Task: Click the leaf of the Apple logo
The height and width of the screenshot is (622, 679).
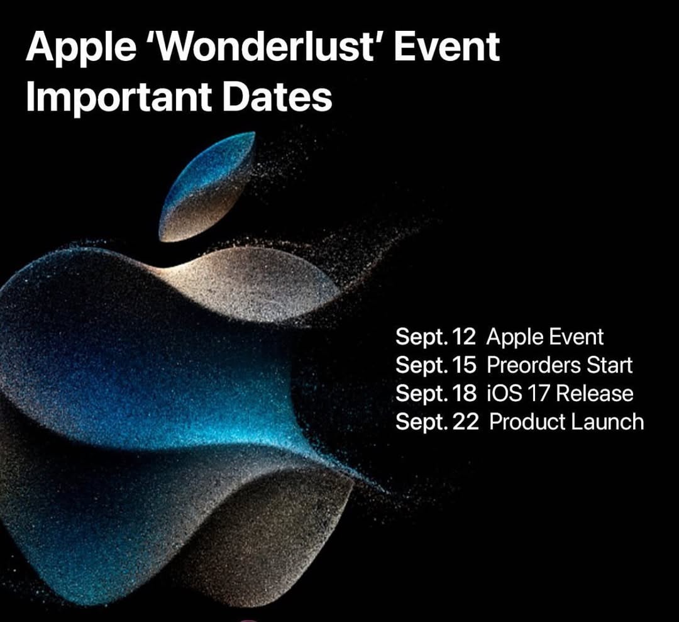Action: pos(207,186)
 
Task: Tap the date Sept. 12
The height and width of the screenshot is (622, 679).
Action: pos(436,338)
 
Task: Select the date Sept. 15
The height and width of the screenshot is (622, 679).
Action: pos(436,366)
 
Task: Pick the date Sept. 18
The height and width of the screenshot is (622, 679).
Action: pos(436,394)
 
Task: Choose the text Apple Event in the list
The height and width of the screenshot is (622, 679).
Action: pos(544,338)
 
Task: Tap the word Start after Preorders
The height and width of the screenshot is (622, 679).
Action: pos(609,365)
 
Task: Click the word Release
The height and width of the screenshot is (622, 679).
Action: pos(595,394)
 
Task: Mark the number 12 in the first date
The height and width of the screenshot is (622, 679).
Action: pos(464,338)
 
